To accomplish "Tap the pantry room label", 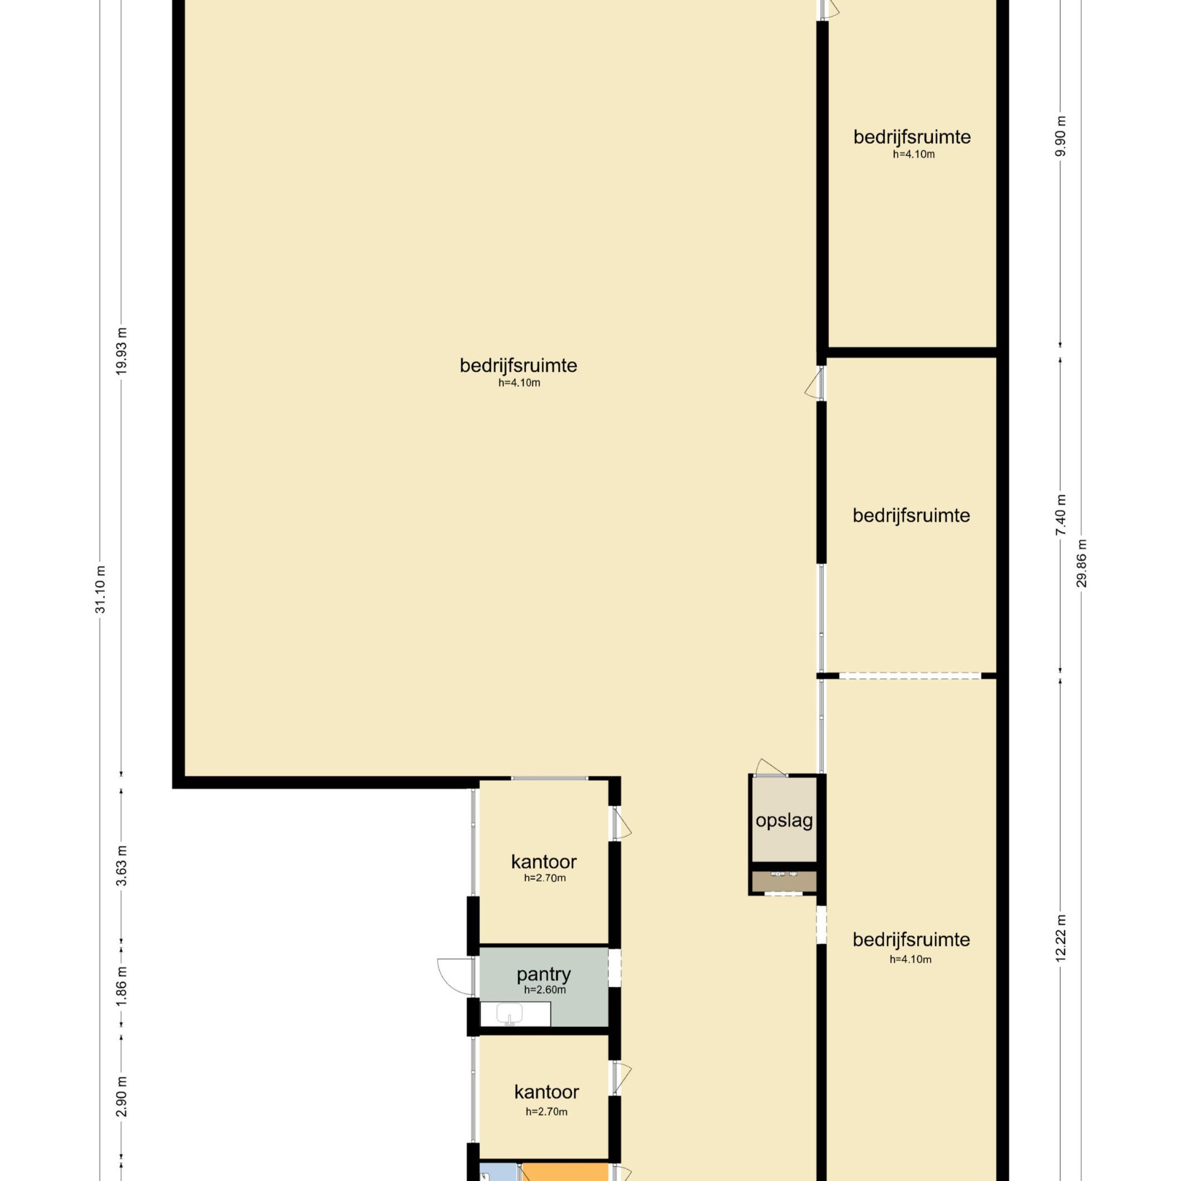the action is tap(543, 974).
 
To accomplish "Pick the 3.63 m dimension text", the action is tap(122, 865).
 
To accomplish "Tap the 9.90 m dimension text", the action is tap(1061, 136).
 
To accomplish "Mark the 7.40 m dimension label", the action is tap(1061, 515).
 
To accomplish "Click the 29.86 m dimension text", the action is tap(1082, 562).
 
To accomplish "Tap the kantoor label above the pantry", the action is tap(543, 862).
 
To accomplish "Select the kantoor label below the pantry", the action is tap(547, 1092).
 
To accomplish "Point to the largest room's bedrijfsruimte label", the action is tap(519, 365).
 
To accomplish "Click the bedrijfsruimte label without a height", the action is tap(912, 515).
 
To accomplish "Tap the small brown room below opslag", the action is tap(784, 882).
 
